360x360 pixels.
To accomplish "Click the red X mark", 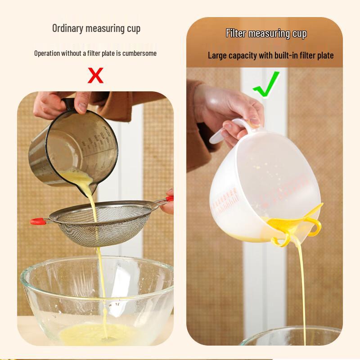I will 95,75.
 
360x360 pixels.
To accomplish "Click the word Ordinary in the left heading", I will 67,28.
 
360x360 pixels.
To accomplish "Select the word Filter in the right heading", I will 236,33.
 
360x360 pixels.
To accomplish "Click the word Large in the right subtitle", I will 217,56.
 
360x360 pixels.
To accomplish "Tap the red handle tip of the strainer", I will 37,221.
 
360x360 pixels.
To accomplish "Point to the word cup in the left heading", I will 133,28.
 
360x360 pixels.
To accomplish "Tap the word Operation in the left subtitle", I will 48,53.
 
